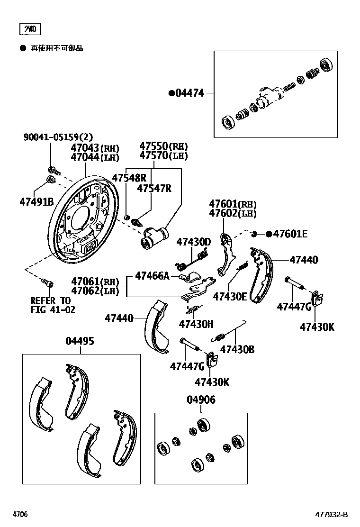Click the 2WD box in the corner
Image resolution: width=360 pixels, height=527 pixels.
pyautogui.click(x=30, y=29)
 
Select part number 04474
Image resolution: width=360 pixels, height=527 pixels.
pyautogui.click(x=190, y=93)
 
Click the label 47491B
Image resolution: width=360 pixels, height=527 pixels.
pyautogui.click(x=36, y=201)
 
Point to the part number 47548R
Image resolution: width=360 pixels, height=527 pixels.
pyautogui.click(x=129, y=178)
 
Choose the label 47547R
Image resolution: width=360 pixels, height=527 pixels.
pyautogui.click(x=154, y=188)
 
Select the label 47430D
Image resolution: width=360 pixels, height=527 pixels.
pyautogui.click(x=193, y=242)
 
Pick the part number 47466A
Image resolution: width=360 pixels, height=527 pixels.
pyautogui.click(x=152, y=275)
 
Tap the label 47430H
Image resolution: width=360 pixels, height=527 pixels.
pyautogui.click(x=196, y=324)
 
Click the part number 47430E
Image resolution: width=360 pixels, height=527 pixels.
pyautogui.click(x=230, y=296)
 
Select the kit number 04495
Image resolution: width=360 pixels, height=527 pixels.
pyautogui.click(x=80, y=341)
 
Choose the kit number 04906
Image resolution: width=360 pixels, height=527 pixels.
pyautogui.click(x=200, y=400)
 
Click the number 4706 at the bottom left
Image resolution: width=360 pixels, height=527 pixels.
pyautogui.click(x=20, y=515)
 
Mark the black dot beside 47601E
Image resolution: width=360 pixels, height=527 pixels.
pyautogui.click(x=269, y=234)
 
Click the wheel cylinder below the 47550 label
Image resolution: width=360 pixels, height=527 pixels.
pyautogui.click(x=154, y=237)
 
